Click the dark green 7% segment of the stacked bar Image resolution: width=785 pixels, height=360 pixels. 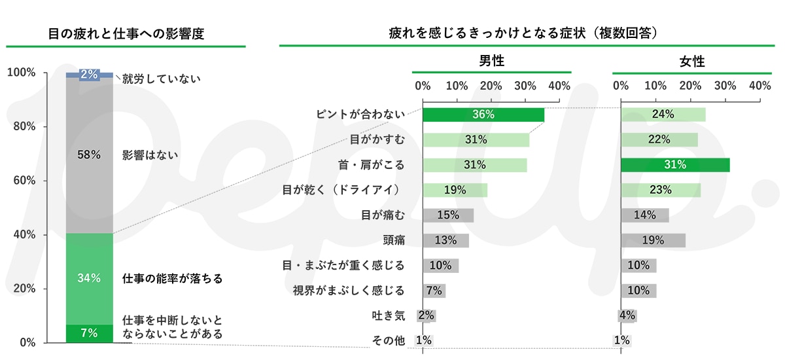pyautogui.click(x=89, y=333)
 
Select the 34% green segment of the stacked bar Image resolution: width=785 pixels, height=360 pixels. pyautogui.click(x=89, y=278)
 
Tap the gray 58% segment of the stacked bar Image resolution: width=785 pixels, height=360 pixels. pyautogui.click(x=89, y=155)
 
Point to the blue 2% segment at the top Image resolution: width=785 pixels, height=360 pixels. pyautogui.click(x=89, y=75)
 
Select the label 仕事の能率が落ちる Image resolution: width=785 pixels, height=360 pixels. pyautogui.click(x=173, y=279)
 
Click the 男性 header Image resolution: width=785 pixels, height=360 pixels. pyautogui.click(x=491, y=62)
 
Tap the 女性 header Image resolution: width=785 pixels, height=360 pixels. pyautogui.click(x=691, y=62)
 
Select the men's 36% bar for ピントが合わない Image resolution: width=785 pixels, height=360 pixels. pyautogui.click(x=483, y=115)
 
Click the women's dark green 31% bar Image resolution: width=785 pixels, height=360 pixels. pyautogui.click(x=675, y=165)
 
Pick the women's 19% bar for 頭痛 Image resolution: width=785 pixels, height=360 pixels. pyautogui.click(x=653, y=240)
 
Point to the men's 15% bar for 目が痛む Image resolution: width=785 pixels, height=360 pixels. pyautogui.click(x=448, y=215)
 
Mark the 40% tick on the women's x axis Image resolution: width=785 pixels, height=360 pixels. pyautogui.click(x=760, y=86)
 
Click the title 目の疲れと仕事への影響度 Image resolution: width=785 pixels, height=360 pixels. pyautogui.click(x=126, y=33)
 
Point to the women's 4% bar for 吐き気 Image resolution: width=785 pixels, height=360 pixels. pyautogui.click(x=627, y=315)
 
